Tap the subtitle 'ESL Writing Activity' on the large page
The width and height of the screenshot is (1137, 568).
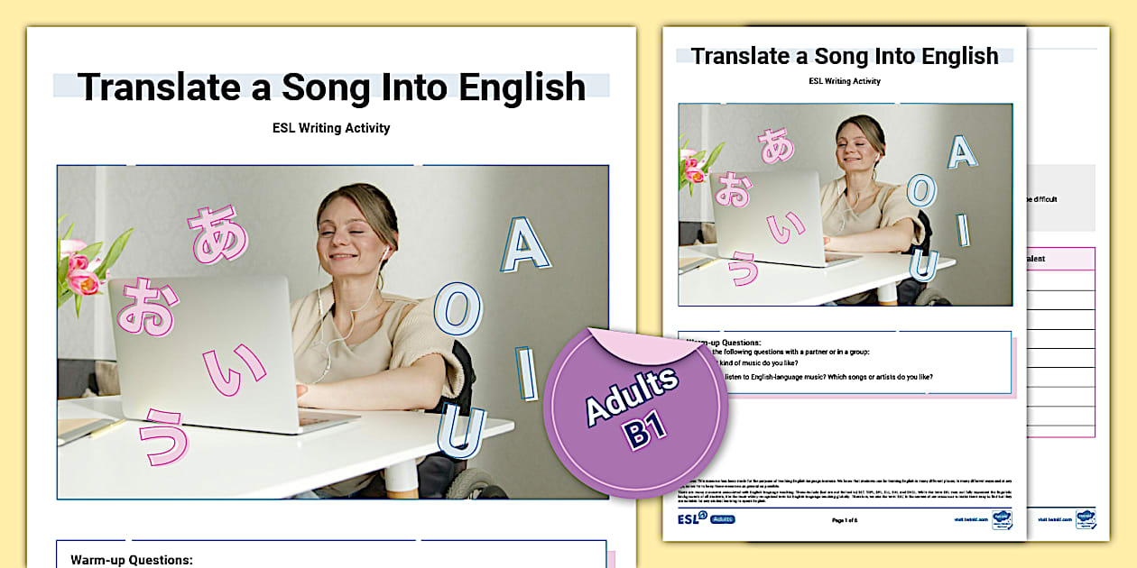click(x=331, y=128)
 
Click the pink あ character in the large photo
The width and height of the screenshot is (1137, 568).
click(x=217, y=234)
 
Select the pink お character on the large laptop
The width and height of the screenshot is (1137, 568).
click(x=145, y=307)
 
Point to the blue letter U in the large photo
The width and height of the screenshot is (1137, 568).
click(x=461, y=432)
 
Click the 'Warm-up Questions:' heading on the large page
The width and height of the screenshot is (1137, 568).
click(x=132, y=560)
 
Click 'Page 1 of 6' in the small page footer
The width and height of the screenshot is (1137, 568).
click(x=846, y=520)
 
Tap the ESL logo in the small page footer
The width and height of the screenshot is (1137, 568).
click(x=691, y=518)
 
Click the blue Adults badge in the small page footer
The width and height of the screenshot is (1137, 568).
click(x=723, y=519)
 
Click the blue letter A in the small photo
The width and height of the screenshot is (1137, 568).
click(x=962, y=151)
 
